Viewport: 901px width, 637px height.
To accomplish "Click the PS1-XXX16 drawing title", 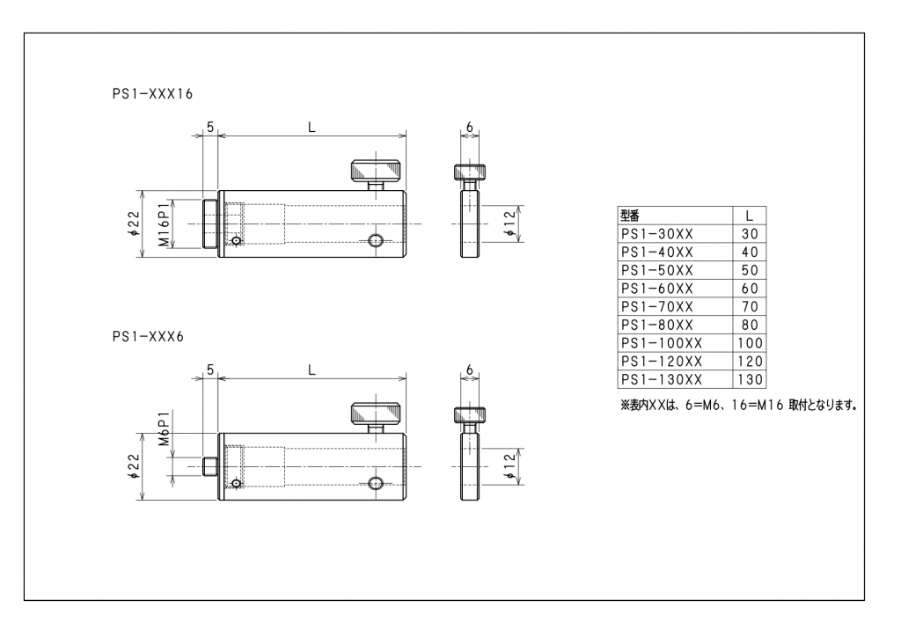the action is tap(152, 93).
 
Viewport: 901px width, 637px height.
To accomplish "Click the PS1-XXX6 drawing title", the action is tap(148, 337).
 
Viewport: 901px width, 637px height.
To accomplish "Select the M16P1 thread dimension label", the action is tap(165, 224).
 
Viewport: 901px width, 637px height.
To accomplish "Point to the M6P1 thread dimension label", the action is tap(165, 428).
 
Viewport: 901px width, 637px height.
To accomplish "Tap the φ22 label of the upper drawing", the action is tap(134, 224).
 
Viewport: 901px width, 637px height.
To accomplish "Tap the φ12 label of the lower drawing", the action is tap(509, 467).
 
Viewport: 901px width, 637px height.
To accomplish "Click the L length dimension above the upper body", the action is tap(311, 128).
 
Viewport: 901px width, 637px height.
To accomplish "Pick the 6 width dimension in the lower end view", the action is tap(470, 370).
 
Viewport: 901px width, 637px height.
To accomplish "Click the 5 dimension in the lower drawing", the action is tap(210, 370).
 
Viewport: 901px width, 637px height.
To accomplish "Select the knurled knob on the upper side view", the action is tap(376, 171).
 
